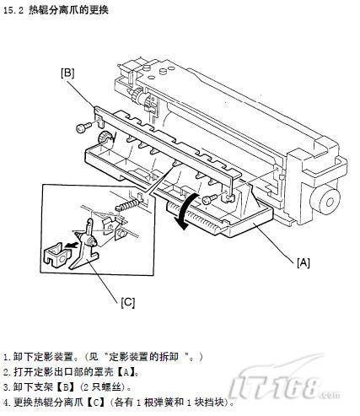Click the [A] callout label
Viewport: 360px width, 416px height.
304,262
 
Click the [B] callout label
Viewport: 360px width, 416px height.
67,73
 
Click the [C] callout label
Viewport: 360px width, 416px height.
128,302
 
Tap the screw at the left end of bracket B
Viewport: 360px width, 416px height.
83,127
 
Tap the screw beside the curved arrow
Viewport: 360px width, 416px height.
209,199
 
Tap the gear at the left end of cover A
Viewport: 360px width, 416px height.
104,137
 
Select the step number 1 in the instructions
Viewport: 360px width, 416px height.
6,358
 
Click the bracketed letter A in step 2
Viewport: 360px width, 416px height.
126,372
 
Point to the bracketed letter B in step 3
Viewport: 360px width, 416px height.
65,387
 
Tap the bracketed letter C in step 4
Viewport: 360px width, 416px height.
95,402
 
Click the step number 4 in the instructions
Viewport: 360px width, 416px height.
7,402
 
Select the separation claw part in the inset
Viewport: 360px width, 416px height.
86,243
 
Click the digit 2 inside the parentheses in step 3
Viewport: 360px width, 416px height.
86,387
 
